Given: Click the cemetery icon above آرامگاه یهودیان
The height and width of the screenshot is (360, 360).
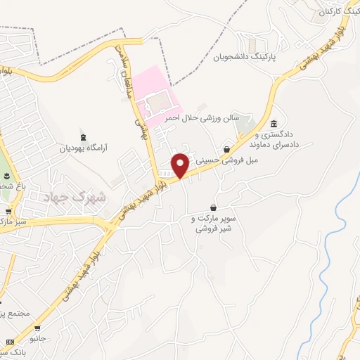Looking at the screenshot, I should point(84,136).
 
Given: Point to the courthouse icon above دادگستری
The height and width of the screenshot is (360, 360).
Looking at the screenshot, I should point(274,124).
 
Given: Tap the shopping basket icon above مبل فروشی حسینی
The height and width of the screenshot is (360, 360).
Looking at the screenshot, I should point(226,149).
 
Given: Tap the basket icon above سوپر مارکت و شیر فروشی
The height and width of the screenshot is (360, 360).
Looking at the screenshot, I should point(213,207).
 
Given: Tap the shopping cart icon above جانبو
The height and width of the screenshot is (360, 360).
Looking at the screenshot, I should point(37,328).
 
